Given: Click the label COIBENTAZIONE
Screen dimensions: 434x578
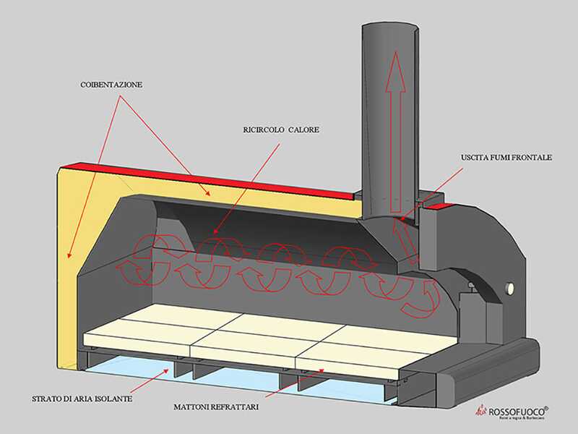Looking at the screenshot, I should tap(111, 85).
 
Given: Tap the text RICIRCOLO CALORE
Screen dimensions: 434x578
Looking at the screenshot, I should tap(281, 130).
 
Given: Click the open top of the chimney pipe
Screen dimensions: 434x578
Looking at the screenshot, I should tap(389, 29).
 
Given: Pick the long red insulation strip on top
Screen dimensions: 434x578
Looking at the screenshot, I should tap(217, 181).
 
